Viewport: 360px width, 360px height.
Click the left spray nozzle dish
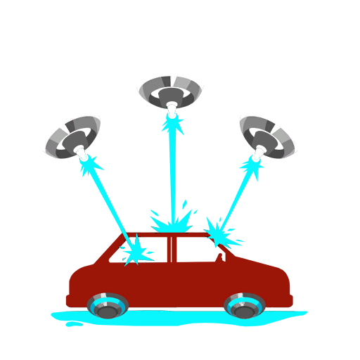(72, 138)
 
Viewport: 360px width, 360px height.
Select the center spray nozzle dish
(171, 92)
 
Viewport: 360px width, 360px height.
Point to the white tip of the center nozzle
(172, 110)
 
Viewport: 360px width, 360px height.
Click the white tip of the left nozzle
(82, 153)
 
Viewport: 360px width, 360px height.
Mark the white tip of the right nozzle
(259, 151)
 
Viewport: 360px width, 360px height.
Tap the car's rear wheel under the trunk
(108, 306)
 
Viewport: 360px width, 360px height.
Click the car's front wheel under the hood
(244, 306)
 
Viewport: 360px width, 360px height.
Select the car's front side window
(197, 249)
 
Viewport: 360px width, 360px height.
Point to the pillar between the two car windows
(172, 249)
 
